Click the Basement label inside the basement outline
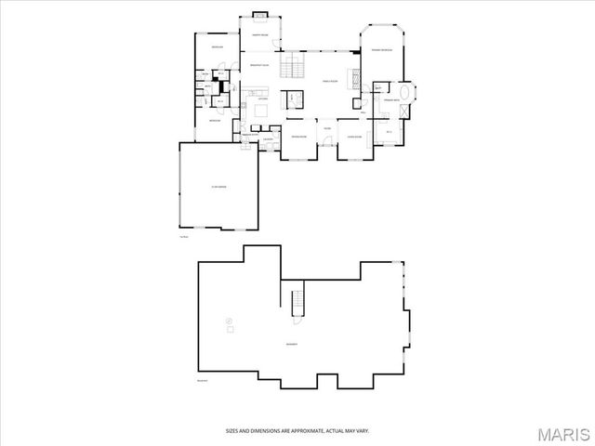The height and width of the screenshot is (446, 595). (x=292, y=345)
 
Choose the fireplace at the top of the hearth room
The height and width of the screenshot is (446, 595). (x=259, y=15)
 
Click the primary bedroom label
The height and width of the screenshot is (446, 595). (x=382, y=50)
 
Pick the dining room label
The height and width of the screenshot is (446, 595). (x=298, y=137)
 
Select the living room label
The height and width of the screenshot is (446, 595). (x=354, y=137)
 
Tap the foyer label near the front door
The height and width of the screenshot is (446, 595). (x=327, y=128)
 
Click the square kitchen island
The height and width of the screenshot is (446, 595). (x=261, y=110)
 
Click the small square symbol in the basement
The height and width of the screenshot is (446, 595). (x=230, y=329)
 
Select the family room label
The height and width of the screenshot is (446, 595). (x=329, y=82)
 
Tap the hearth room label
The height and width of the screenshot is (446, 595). (x=259, y=35)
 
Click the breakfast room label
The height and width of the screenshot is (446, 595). (x=259, y=65)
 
